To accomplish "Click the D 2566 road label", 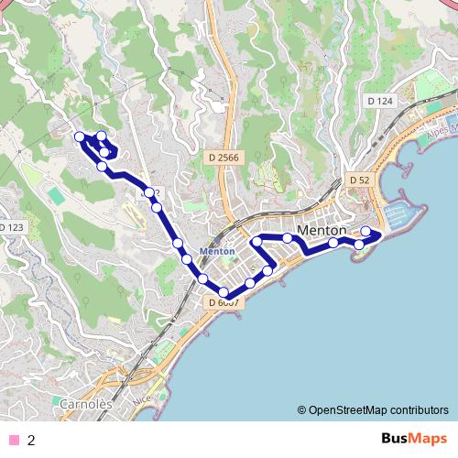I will pos(223,158).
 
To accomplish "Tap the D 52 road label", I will pos(359,180).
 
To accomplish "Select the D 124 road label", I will pos(378,100).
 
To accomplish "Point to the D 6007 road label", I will pos(224,302).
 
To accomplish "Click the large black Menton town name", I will pos(322,230).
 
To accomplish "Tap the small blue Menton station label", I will pos(217,251).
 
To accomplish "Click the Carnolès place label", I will pos(85,403).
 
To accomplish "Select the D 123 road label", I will pos(11,226).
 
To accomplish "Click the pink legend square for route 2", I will pos(13,440).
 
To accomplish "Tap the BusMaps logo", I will pos(414,439).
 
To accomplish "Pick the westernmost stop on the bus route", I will pos(80,137).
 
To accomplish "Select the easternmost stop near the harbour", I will pos(365,231).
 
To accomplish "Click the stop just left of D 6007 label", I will pos(203,278).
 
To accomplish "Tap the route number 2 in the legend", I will pos(31,440).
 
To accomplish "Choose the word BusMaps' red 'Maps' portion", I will pos(430,439).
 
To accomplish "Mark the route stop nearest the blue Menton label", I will pos(188,259).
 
